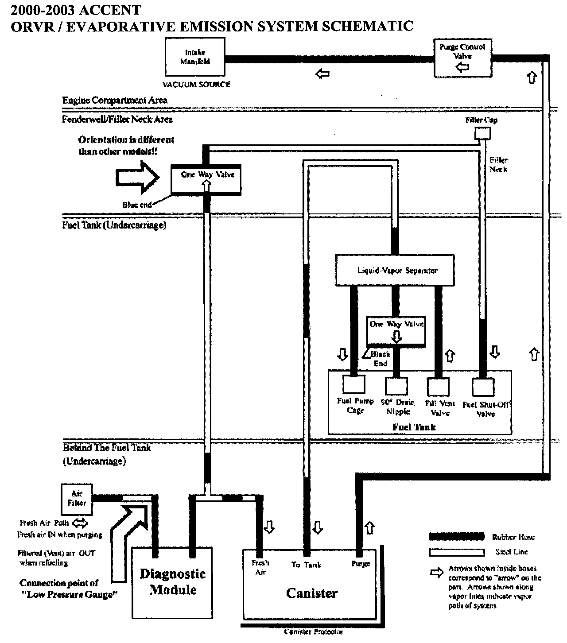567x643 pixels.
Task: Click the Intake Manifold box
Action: click(195, 57)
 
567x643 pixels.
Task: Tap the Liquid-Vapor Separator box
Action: click(395, 270)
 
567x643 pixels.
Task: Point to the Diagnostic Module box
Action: click(172, 582)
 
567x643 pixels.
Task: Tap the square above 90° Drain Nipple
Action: click(396, 386)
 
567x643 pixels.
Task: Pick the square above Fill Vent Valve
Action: click(438, 386)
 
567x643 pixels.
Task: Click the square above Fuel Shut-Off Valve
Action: click(483, 387)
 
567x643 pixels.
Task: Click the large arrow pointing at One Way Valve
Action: click(138, 178)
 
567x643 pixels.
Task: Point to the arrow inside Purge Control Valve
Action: click(462, 67)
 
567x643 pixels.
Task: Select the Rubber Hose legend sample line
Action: click(456, 537)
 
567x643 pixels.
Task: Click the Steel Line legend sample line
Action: click(456, 552)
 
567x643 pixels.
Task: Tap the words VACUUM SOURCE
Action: click(196, 84)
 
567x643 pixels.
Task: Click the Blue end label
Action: click(137, 205)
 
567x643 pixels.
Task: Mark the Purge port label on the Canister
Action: click(360, 564)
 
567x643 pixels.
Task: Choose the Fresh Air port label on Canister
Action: click(260, 567)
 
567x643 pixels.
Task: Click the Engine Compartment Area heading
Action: click(115, 100)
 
